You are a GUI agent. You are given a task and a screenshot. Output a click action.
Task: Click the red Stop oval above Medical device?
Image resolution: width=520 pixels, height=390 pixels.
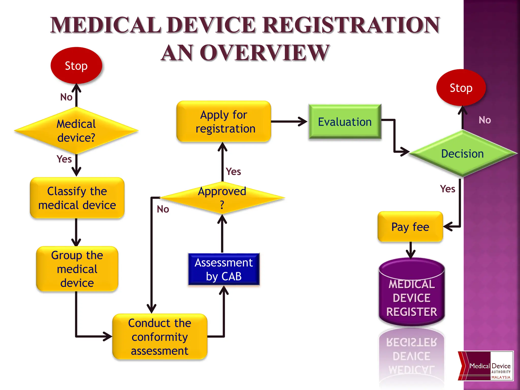point(76,66)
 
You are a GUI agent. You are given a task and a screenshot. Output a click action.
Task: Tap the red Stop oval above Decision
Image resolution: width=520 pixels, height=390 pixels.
point(461,88)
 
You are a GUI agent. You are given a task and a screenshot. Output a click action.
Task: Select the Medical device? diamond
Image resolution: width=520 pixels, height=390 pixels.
point(76,131)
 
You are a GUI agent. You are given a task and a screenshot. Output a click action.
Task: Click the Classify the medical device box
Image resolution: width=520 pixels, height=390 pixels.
point(77,198)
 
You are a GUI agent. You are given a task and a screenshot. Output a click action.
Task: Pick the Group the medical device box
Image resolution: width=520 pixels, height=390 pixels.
point(77,269)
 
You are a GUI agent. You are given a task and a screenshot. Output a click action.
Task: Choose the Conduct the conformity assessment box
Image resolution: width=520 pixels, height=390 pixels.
point(160,337)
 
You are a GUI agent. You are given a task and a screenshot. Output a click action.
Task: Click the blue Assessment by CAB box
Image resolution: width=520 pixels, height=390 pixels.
point(224,269)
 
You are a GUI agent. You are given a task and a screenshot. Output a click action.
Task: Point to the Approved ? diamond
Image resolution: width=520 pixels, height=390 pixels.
point(222,198)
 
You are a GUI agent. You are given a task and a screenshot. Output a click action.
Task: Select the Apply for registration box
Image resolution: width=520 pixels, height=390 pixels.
point(224,122)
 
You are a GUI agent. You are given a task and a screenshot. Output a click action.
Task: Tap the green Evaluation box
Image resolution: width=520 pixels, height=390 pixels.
point(345,122)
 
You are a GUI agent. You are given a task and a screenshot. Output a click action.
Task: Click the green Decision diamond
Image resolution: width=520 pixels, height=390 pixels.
point(462,154)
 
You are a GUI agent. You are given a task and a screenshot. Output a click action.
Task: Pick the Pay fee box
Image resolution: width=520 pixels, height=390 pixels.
point(410,227)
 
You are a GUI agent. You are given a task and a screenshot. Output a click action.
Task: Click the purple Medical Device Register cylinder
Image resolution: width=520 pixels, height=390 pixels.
point(412,295)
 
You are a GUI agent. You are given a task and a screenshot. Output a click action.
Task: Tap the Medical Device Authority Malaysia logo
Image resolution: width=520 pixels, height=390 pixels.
point(485,366)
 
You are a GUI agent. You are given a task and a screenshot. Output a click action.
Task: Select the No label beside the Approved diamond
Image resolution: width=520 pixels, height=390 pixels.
point(163,209)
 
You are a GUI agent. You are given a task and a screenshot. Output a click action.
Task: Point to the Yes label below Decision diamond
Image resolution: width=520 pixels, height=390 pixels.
point(447,189)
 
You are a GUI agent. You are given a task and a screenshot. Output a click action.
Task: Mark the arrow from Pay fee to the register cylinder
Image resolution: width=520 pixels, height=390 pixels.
point(410,250)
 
